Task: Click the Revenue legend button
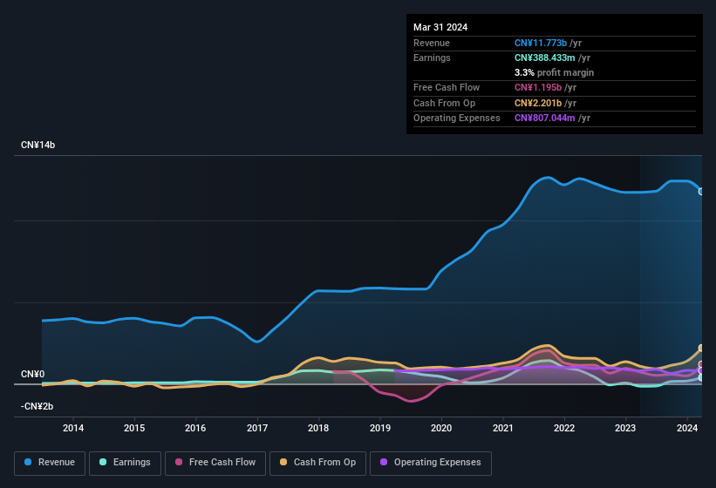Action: tap(51, 463)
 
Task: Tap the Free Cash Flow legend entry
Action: tap(215, 463)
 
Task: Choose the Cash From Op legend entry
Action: tap(317, 463)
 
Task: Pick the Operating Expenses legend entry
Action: tap(430, 463)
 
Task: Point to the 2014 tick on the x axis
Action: tap(73, 428)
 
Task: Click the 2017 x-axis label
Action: tap(257, 428)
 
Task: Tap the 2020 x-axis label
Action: tap(441, 428)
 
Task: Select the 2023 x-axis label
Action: tap(625, 428)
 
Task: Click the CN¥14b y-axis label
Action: tap(38, 145)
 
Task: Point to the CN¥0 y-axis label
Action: tap(32, 374)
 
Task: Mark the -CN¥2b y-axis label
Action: tap(38, 406)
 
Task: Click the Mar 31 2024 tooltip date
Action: tap(440, 27)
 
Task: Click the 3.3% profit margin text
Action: tap(554, 72)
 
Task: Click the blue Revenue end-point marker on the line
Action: tap(701, 192)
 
